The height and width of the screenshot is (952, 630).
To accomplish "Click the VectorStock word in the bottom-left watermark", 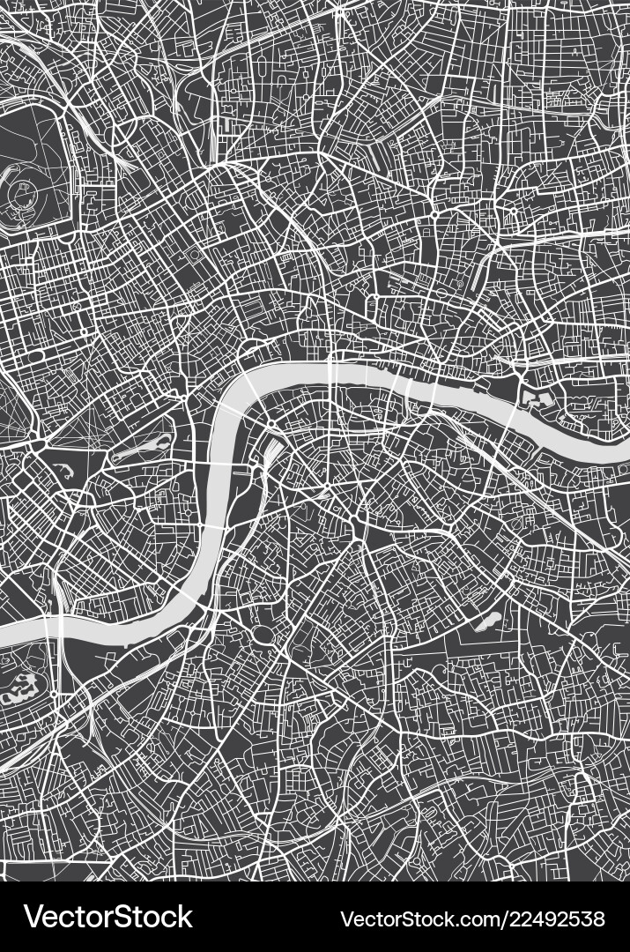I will pos(108,917).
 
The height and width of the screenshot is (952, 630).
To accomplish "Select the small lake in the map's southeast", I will pos(487,622).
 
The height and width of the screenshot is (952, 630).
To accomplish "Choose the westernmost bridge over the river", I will pos(61,627).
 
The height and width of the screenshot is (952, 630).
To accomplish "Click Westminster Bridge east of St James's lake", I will pos(214,462).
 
